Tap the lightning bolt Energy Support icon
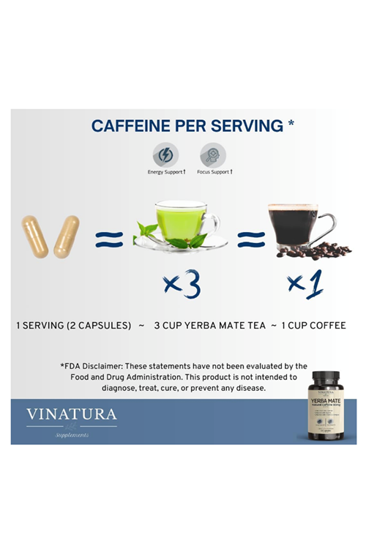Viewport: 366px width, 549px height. point(165,154)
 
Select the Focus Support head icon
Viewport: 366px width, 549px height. point(213,154)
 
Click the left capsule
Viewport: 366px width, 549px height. point(35,236)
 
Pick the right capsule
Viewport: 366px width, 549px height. point(66,236)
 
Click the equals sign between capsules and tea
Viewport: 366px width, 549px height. point(108,238)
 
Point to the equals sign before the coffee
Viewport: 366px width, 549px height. point(251,238)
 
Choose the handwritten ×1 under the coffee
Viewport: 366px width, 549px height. point(306,283)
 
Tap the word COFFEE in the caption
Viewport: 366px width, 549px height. point(326,324)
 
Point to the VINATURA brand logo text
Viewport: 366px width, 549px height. point(71,414)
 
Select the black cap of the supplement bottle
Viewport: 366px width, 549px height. point(325,379)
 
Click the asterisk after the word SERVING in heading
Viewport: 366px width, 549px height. point(291,122)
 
